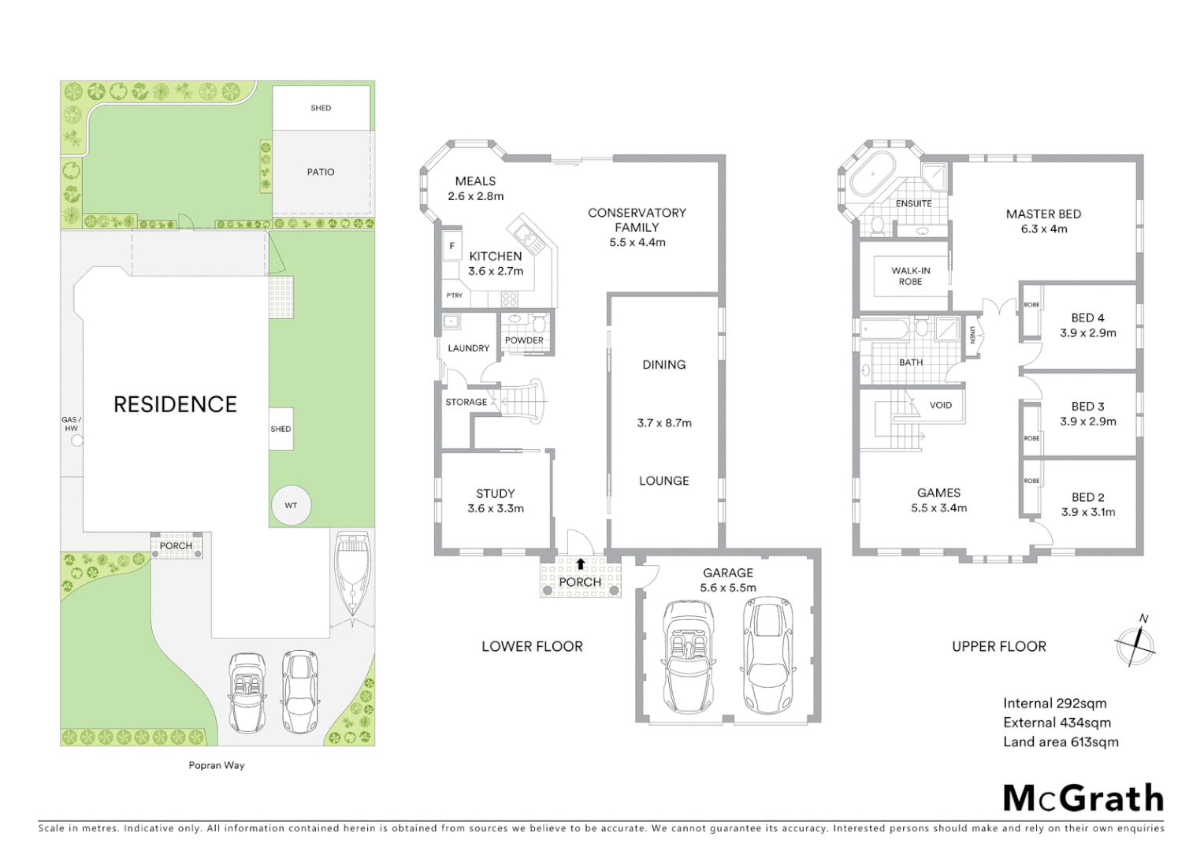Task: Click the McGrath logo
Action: (1083, 798)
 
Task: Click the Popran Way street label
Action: (217, 765)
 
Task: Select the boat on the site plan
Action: (352, 573)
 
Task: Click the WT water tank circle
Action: (291, 505)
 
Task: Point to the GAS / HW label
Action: (72, 424)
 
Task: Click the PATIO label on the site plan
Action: (321, 172)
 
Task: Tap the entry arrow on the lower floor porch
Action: (581, 564)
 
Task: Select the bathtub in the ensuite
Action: (871, 175)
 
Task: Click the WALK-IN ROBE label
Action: (910, 276)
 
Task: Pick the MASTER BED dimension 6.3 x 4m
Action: (1043, 229)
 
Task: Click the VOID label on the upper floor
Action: (941, 405)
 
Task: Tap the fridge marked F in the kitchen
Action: (452, 246)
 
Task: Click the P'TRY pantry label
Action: (454, 295)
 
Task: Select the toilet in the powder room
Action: (540, 324)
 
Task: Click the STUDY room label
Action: (495, 494)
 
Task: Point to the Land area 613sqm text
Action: (1061, 742)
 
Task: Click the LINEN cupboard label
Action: (973, 335)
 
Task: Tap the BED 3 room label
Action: (1087, 407)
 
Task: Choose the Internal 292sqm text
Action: (1054, 704)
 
